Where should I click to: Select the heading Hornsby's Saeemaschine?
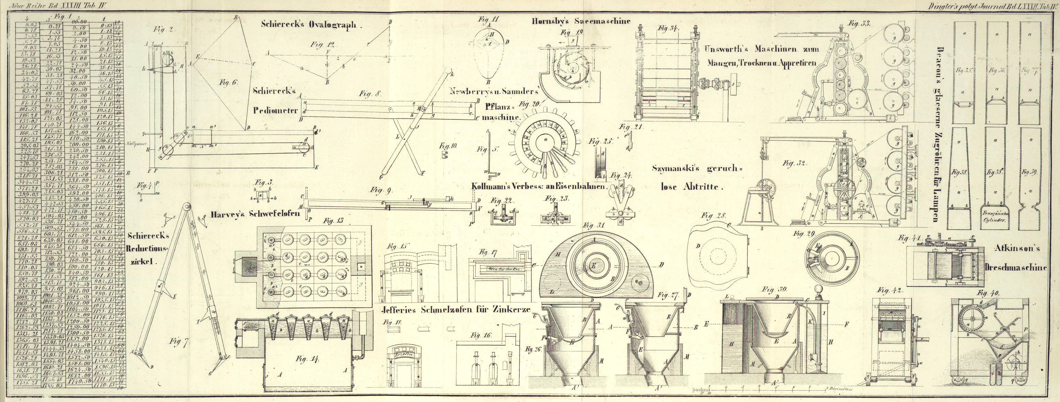pos(581,21)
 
